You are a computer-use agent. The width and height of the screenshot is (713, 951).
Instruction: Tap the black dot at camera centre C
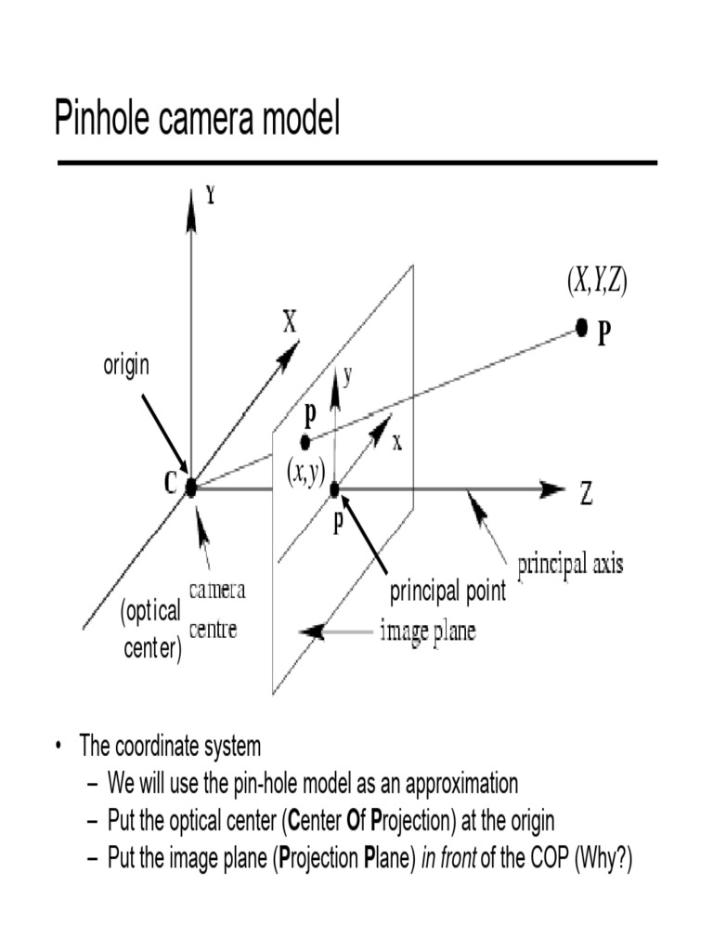[191, 487]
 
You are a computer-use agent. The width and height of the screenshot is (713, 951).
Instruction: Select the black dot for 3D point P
[582, 326]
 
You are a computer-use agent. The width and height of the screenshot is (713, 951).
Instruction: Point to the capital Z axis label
[587, 493]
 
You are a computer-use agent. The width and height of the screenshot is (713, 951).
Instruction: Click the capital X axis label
[290, 322]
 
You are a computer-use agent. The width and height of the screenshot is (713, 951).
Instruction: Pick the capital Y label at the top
[211, 196]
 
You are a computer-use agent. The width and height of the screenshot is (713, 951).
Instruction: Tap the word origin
[125, 366]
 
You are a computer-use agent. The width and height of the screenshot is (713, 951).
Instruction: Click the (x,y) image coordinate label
[305, 474]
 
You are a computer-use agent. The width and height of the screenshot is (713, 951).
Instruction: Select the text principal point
[447, 592]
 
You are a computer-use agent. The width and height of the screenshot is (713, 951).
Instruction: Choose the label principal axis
[570, 564]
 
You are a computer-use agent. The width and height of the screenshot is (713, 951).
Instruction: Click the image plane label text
[428, 632]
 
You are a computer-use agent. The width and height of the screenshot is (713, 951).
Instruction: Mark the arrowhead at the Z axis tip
[553, 489]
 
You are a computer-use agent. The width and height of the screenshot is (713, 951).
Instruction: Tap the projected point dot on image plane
[305, 442]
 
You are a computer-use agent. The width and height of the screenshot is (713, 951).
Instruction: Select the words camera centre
[217, 609]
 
